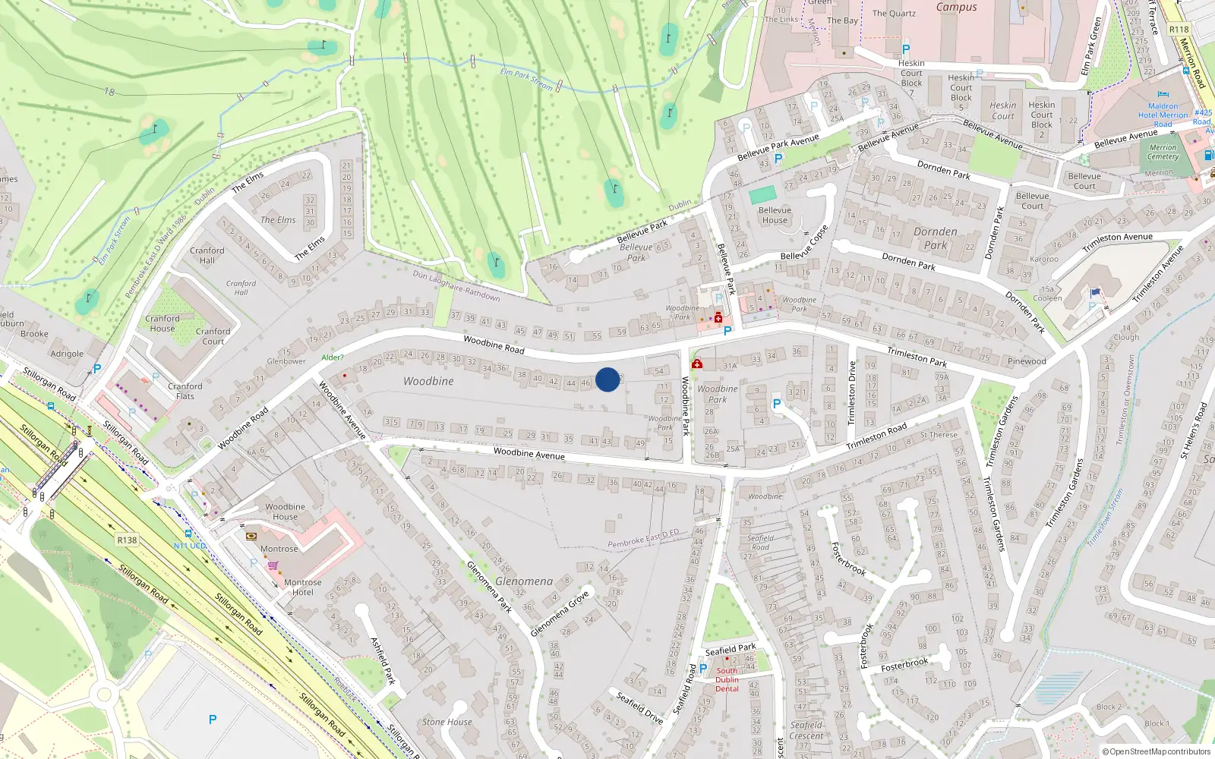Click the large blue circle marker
[607, 379]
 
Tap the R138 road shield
[127, 540]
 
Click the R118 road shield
[1179, 30]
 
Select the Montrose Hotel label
[302, 587]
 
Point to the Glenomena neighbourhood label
[524, 581]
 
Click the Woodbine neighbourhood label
[428, 381]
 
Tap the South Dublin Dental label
[727, 679]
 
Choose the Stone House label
[447, 722]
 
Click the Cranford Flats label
[185, 391]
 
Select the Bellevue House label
[775, 216]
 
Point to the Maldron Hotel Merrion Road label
[1163, 115]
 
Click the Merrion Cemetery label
[1163, 152]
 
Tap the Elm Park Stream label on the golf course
[526, 79]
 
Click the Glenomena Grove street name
[560, 613]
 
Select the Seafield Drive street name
[639, 707]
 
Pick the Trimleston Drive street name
[851, 393]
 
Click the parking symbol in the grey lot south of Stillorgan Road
[213, 720]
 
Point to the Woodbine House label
[285, 512]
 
